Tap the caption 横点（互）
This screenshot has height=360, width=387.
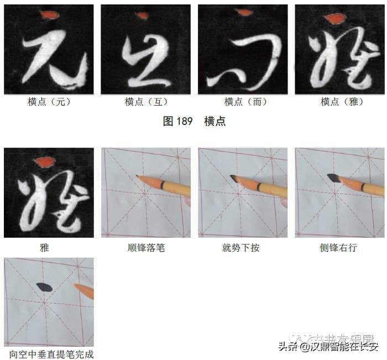[x=146, y=102]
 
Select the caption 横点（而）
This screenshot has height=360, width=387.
[x=243, y=102]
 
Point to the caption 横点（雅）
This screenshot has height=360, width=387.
[x=340, y=102]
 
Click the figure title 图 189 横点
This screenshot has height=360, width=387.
[x=194, y=121]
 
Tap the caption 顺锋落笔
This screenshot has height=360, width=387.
[x=146, y=248]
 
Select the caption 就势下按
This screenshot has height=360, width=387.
[x=243, y=248]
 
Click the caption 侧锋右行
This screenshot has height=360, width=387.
[x=339, y=248]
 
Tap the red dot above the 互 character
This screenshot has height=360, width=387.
[x=142, y=15]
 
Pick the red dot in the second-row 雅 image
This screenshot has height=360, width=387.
[x=44, y=161]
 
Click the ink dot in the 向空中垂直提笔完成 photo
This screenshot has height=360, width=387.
[x=44, y=286]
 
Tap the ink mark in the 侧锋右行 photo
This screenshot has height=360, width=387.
[x=332, y=178]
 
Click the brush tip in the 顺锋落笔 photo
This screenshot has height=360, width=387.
[x=138, y=176]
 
